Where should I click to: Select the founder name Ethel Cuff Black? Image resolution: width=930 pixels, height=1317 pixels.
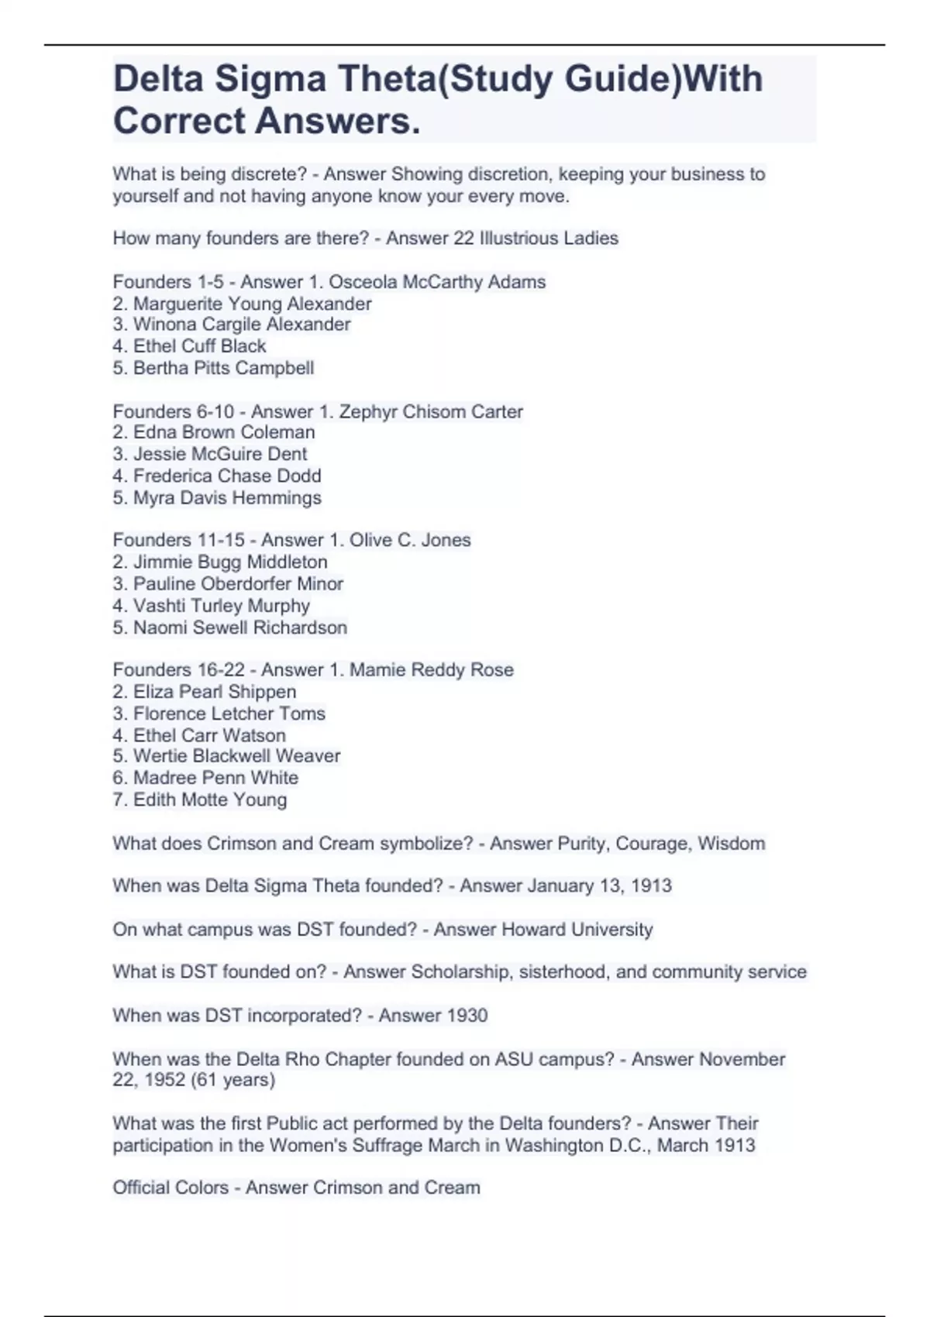tap(199, 346)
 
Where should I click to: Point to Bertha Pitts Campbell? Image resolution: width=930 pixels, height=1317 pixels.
tap(223, 368)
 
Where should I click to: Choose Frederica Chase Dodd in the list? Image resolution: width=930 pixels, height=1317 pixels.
tap(227, 476)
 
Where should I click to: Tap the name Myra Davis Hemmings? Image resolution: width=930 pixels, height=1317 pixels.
tap(227, 497)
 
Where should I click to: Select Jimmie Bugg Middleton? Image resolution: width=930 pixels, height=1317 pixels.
tap(230, 562)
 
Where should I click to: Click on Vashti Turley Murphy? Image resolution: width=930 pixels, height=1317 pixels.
tap(221, 606)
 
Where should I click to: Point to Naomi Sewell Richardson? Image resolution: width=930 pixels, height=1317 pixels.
tap(239, 628)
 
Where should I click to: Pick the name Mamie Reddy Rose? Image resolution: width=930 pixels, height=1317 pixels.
tap(431, 670)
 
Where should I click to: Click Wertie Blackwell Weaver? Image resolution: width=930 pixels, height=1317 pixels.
tap(236, 756)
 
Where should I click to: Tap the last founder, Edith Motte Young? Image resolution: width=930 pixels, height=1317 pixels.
tap(210, 799)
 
